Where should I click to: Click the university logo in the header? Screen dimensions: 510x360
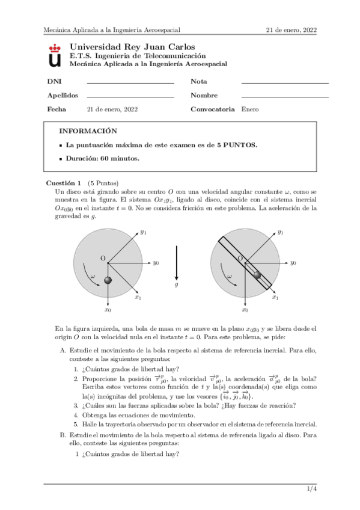click(x=55, y=55)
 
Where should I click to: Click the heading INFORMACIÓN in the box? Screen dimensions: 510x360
click(x=88, y=131)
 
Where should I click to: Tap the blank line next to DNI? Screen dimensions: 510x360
click(x=130, y=82)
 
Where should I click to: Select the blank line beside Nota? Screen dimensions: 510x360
click(x=284, y=82)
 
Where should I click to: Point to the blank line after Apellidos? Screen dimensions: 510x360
click(x=130, y=96)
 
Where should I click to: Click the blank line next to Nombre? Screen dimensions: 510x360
click(x=284, y=96)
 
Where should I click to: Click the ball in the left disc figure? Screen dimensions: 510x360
click(x=108, y=280)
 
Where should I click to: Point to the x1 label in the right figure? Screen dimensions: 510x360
click(x=275, y=296)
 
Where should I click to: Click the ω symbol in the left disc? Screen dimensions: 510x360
click(x=93, y=276)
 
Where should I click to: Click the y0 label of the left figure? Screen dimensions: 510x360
click(x=156, y=263)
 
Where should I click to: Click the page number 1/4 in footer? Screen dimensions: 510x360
click(x=311, y=491)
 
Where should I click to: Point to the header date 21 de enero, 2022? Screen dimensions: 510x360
click(x=291, y=29)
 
